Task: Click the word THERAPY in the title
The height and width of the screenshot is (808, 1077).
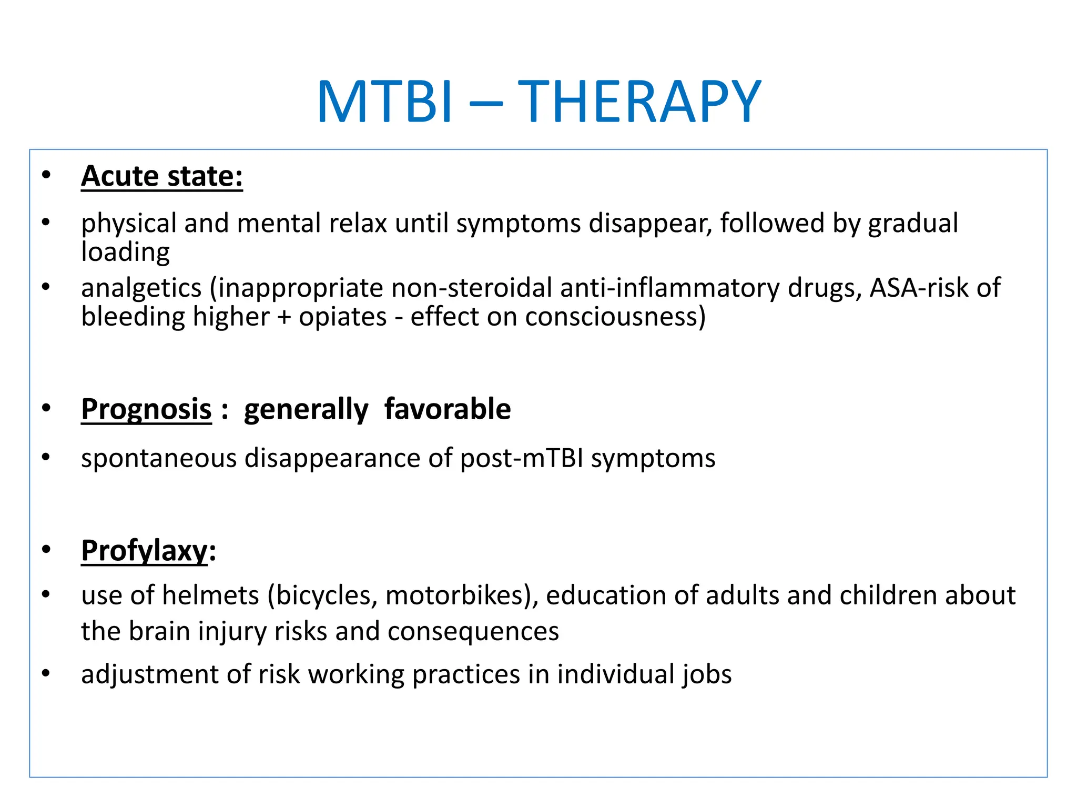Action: click(639, 102)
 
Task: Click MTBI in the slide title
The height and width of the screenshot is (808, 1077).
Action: click(384, 102)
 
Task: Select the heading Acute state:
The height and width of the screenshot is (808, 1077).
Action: click(162, 176)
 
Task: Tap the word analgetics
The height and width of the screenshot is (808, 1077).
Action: click(141, 288)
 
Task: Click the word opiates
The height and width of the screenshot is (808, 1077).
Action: click(342, 317)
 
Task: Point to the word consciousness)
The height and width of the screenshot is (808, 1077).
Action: click(615, 317)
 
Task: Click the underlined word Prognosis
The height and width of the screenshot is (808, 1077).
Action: click(146, 409)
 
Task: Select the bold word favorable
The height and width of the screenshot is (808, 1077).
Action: click(447, 409)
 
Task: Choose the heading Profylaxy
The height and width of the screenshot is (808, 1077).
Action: click(145, 551)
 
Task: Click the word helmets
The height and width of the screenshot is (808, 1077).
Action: click(210, 595)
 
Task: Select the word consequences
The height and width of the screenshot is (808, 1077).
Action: click(473, 631)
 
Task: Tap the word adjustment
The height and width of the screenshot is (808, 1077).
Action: click(150, 675)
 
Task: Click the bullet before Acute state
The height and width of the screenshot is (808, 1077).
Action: click(46, 175)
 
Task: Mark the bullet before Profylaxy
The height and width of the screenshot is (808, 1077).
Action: click(46, 550)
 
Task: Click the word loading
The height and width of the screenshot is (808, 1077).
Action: click(125, 252)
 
